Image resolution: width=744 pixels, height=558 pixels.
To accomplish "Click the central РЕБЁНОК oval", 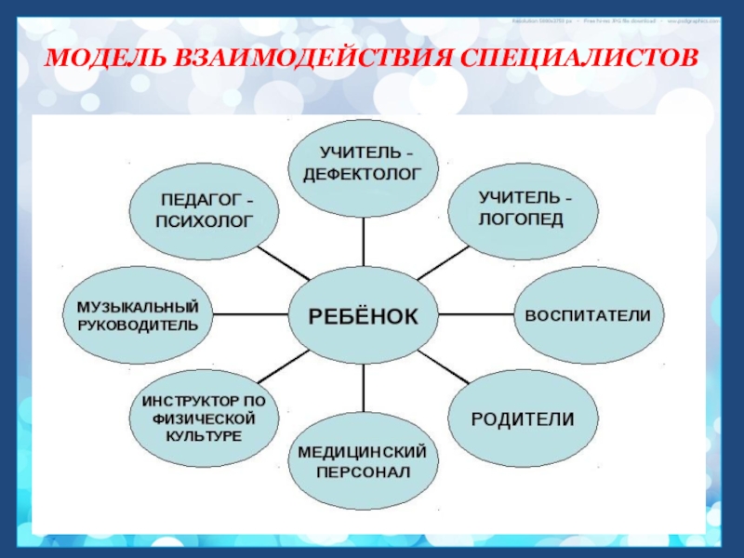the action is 364,315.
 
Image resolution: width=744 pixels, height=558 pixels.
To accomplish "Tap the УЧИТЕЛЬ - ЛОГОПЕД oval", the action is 519,210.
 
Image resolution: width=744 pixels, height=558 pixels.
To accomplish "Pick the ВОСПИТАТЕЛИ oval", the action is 588,315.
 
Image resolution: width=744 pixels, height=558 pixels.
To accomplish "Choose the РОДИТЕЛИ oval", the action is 522,418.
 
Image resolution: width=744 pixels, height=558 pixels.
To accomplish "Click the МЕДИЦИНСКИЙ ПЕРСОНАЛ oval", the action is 363,462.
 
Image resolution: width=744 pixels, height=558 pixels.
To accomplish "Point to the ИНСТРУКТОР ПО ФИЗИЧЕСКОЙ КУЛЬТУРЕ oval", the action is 204,418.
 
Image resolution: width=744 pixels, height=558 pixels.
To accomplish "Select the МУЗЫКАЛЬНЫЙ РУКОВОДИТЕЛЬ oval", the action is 137,315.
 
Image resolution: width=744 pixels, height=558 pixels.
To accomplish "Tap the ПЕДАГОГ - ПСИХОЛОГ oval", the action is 206,211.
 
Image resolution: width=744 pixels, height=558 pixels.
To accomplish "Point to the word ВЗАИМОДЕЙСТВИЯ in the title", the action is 308,59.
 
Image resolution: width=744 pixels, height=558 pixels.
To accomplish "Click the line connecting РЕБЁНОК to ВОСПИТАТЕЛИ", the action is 475,315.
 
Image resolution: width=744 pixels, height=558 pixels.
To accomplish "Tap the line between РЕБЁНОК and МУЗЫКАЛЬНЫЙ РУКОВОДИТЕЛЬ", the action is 249,315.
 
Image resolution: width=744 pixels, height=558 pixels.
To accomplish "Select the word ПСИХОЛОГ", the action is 205,223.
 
